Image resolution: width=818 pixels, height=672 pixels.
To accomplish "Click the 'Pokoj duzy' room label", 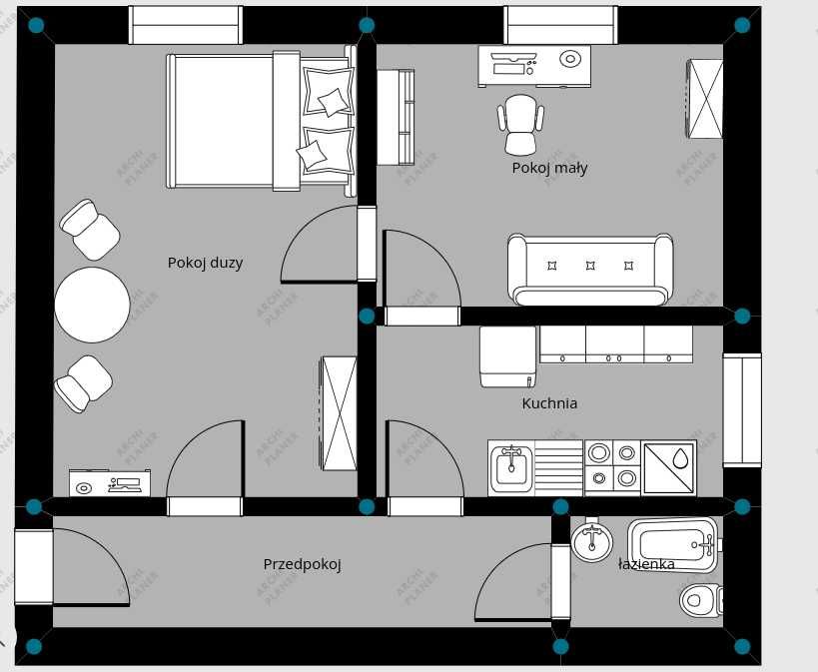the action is point(205,263).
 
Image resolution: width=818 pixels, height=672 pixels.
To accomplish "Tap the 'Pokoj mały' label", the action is point(549,168).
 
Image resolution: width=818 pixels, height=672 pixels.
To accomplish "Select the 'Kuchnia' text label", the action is point(549,403).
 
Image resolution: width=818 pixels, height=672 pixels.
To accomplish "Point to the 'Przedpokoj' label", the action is point(302,564).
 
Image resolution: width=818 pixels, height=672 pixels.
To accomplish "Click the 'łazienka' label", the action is point(646,564).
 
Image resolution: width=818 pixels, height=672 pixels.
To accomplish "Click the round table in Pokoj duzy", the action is point(92,305).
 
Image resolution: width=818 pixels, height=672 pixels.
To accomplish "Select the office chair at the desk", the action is point(520,125).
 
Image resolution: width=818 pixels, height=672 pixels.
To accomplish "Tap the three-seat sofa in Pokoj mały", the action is point(590,270).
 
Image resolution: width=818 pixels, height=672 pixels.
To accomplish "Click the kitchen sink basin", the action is point(511,468).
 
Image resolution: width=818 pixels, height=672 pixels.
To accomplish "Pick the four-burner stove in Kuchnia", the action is point(612,467).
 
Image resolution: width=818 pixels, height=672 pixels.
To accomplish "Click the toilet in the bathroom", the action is point(701,600).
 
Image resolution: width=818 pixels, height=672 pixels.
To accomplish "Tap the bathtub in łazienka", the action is point(675,545).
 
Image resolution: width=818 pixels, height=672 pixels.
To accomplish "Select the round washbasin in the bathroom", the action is point(591,541).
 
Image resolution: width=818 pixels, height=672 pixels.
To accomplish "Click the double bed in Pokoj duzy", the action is point(262,121).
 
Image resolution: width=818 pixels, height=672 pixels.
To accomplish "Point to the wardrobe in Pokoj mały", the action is point(704,99).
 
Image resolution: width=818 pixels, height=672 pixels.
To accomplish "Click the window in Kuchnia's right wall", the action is point(742,410).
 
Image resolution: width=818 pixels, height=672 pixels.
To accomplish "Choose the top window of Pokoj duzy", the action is point(185,25).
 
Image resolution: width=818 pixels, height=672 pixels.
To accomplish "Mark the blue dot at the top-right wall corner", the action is point(742,25).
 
